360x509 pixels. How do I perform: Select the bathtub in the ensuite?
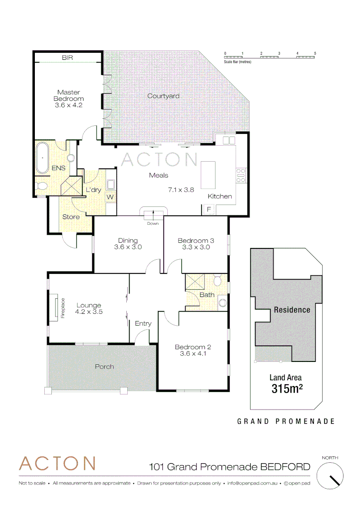[x=42, y=158]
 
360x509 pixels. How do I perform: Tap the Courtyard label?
[x=163, y=96]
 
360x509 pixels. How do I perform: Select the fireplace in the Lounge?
[x=56, y=309]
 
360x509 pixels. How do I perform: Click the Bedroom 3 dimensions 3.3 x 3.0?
[x=196, y=247]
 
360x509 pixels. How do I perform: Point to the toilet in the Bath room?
[x=218, y=281]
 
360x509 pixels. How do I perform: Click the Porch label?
[x=104, y=366]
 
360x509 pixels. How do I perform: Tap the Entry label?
[x=143, y=323]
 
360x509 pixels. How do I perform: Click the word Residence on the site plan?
[x=292, y=310]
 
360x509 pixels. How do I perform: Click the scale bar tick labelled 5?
[x=315, y=53]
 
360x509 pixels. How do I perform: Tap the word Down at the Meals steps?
[x=153, y=223]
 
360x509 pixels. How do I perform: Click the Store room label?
[x=71, y=217]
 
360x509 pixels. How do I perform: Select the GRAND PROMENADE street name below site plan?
[x=286, y=421]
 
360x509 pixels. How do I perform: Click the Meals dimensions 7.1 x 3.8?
[x=181, y=190]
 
